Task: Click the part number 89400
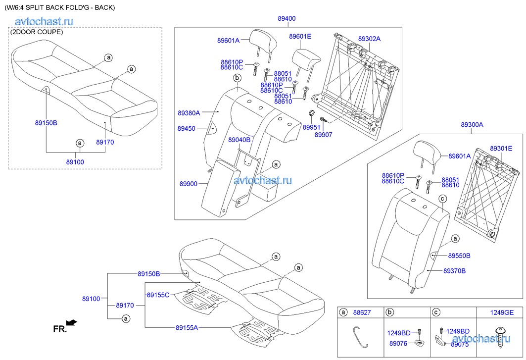(287, 18)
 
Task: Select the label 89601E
(300, 36)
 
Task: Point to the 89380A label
(189, 113)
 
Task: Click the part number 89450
(186, 128)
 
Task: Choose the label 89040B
(239, 140)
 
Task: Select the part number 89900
(189, 184)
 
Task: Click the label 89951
(312, 127)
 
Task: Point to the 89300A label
(472, 125)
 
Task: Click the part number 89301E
(501, 148)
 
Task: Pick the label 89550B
(459, 256)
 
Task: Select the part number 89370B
(454, 271)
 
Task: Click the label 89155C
(158, 295)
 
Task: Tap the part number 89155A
(187, 327)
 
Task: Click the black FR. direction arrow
(72, 322)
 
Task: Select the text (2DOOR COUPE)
(37, 32)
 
